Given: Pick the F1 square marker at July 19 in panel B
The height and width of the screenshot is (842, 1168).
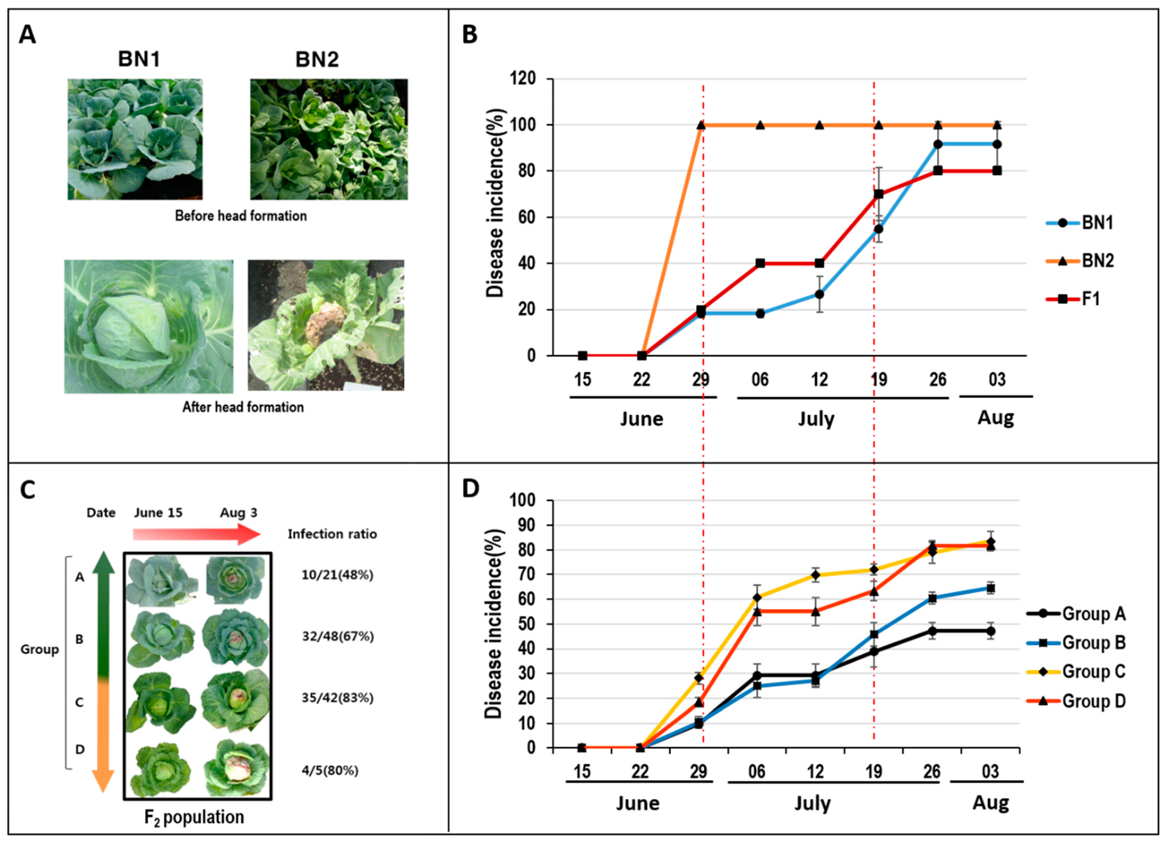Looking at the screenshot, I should click(x=878, y=194).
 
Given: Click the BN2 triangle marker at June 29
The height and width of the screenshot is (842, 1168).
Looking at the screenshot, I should click(x=701, y=125).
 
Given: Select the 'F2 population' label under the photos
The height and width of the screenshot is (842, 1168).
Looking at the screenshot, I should click(x=194, y=817).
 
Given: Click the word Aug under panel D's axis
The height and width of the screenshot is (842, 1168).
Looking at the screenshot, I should click(x=990, y=803).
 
